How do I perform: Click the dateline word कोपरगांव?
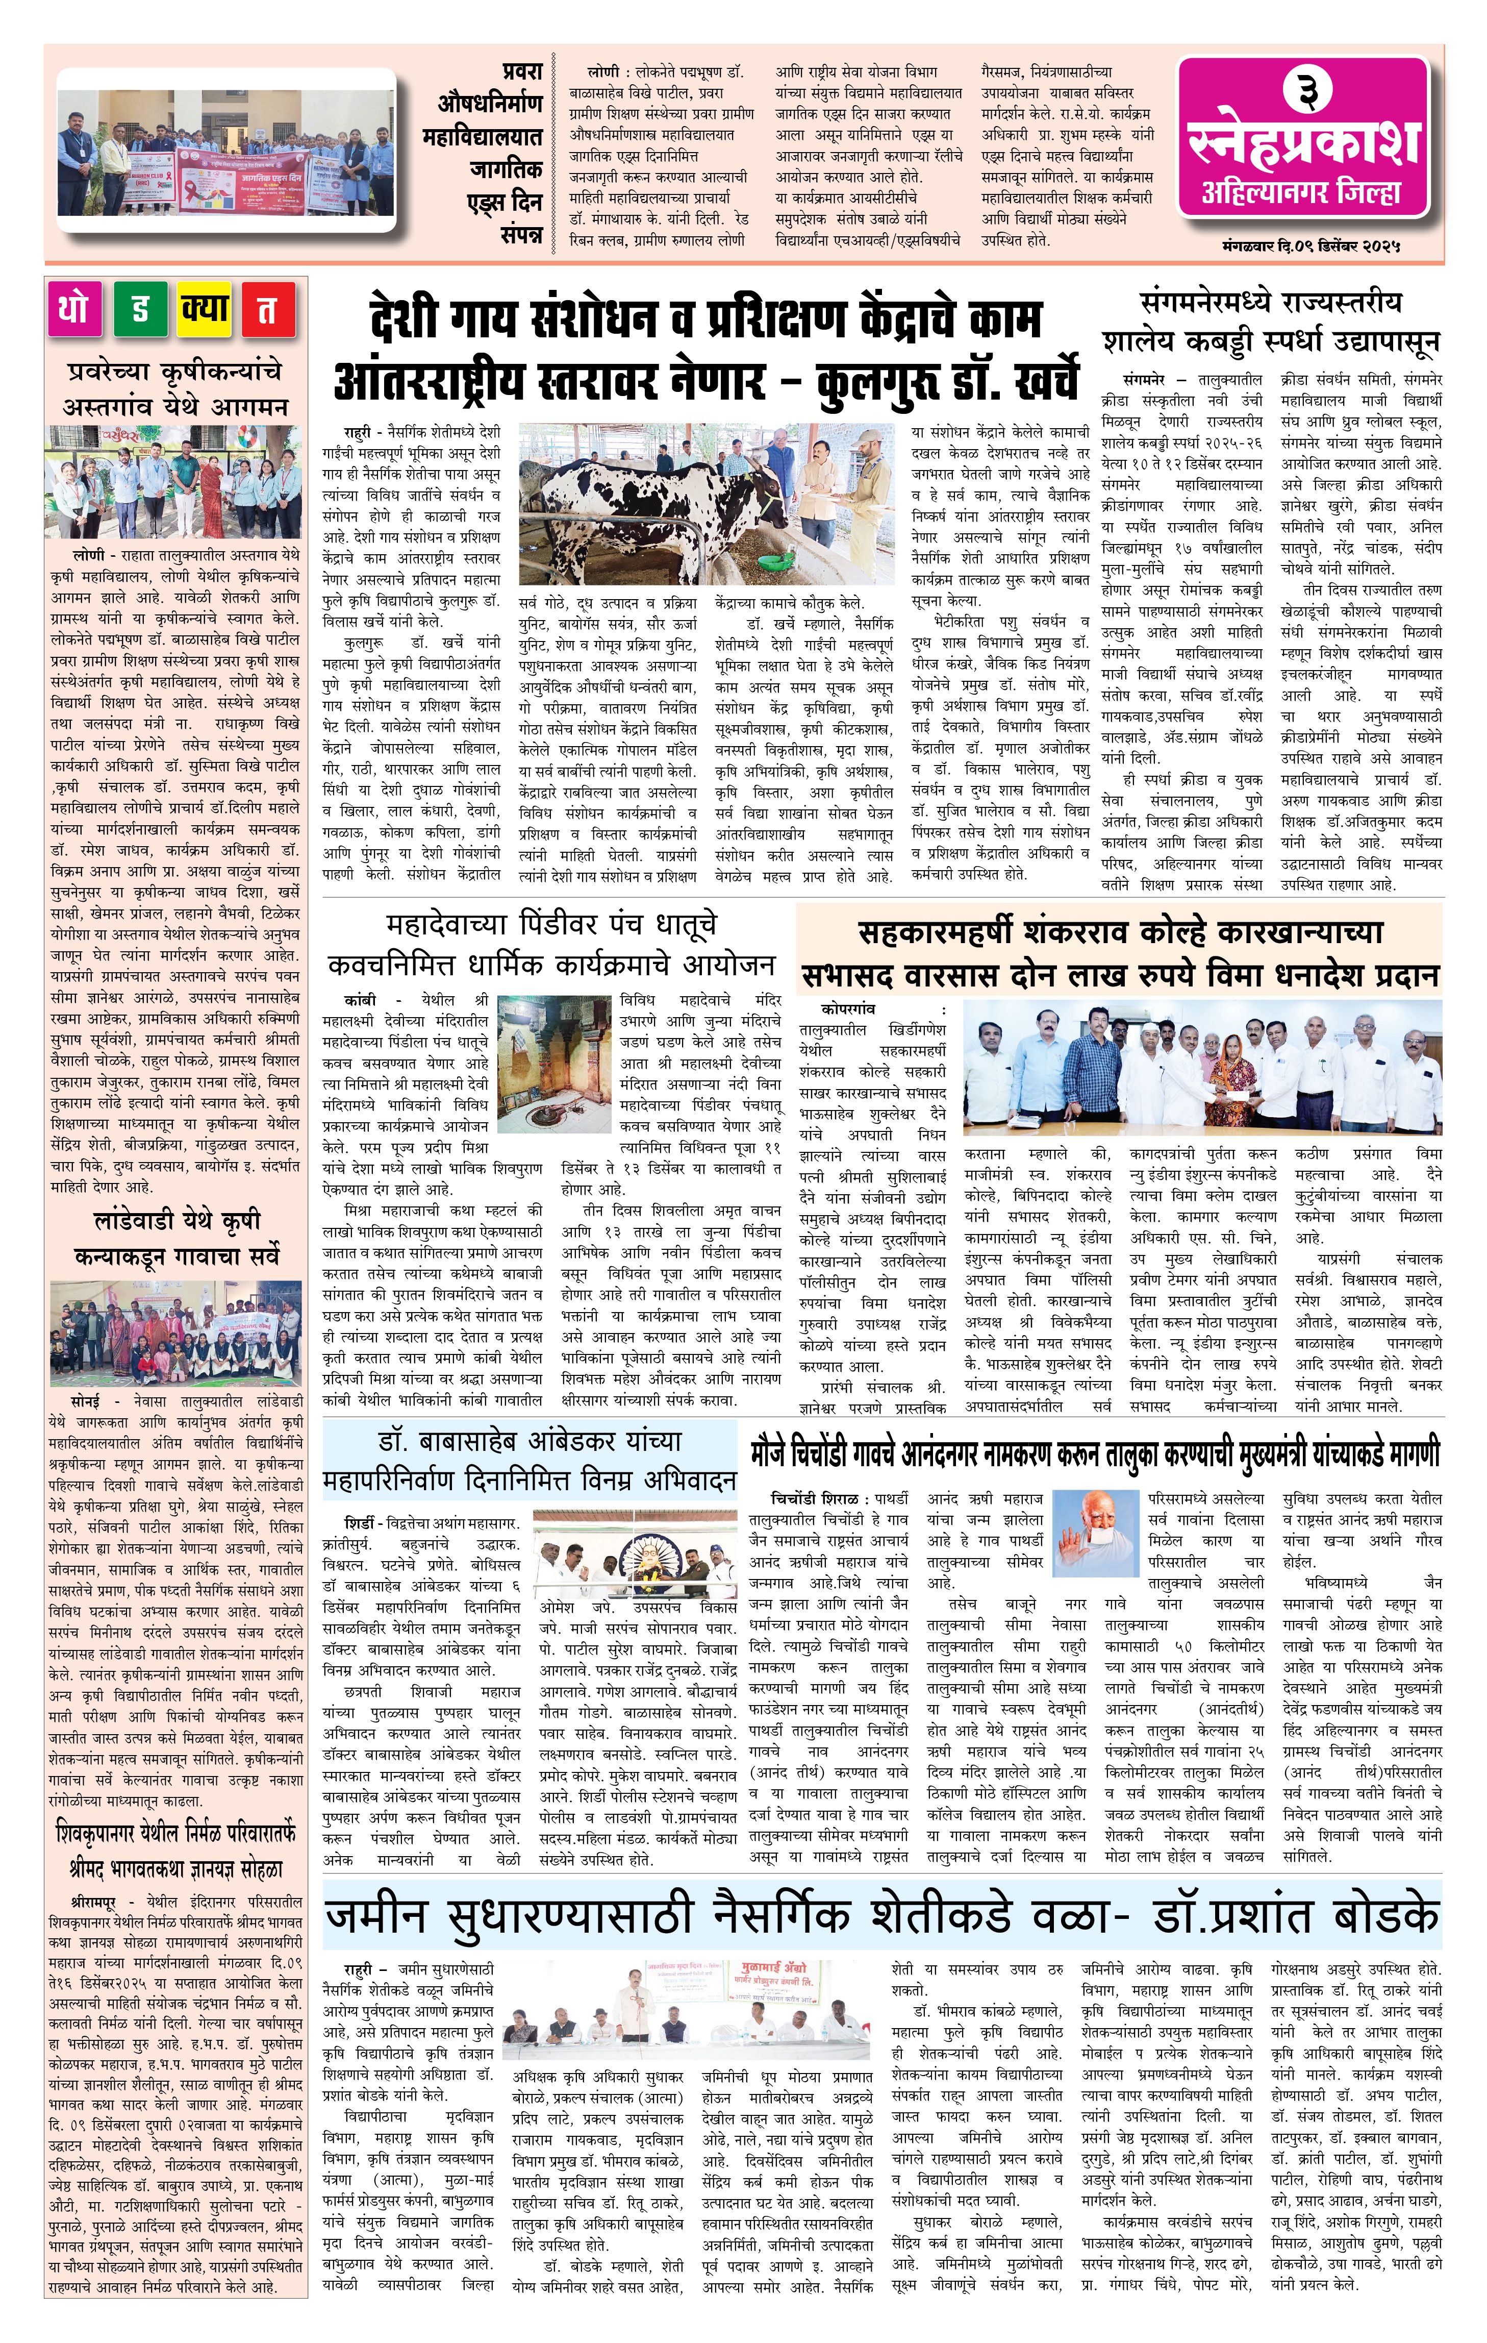(x=847, y=1009)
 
